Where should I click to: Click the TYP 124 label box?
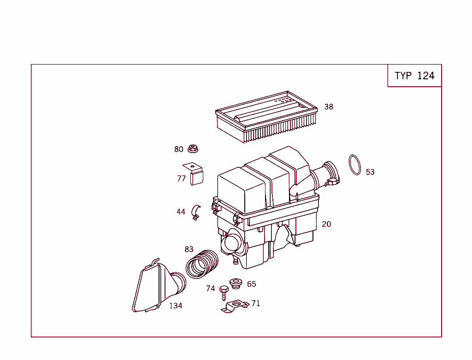pyautogui.click(x=414, y=76)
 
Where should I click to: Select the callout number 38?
pyautogui.click(x=329, y=107)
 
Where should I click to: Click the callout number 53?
pyautogui.click(x=370, y=172)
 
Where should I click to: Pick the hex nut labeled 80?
pyautogui.click(x=194, y=149)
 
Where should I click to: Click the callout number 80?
pyautogui.click(x=179, y=149)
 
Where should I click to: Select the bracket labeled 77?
pyautogui.click(x=196, y=174)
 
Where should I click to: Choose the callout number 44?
pyautogui.click(x=181, y=212)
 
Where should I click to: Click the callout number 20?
pyautogui.click(x=326, y=224)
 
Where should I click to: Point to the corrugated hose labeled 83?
pyautogui.click(x=201, y=265)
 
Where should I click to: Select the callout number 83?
pyautogui.click(x=189, y=249)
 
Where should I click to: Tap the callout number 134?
pyautogui.click(x=176, y=306)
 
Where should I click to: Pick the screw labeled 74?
pyautogui.click(x=224, y=291)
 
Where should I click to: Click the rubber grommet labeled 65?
pyautogui.click(x=236, y=283)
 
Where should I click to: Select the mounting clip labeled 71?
pyautogui.click(x=235, y=306)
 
